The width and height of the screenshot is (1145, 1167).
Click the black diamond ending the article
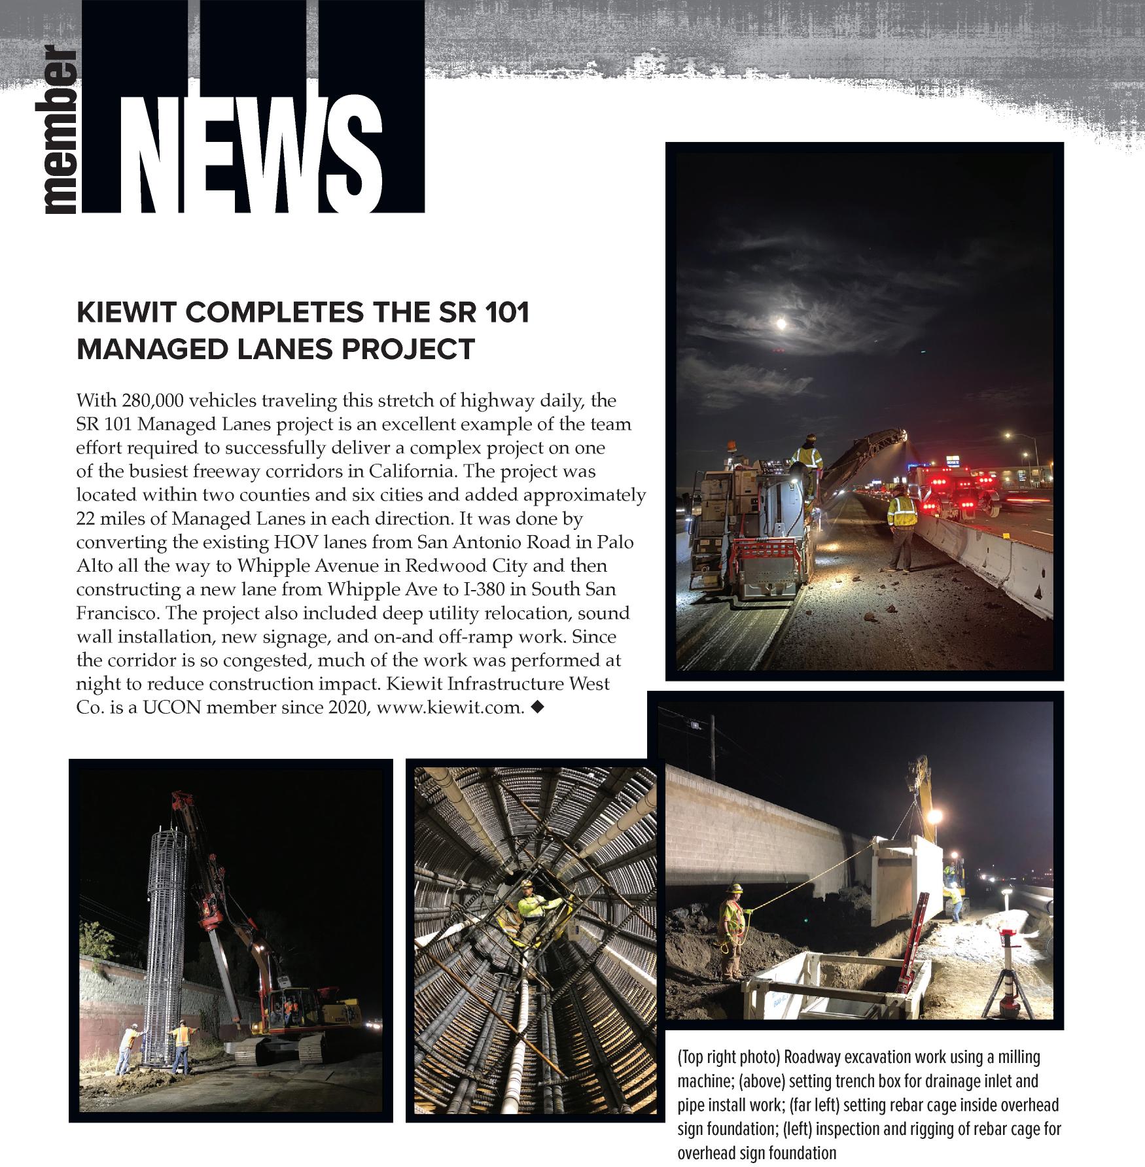[x=538, y=706]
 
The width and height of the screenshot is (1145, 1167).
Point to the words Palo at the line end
[x=614, y=542]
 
